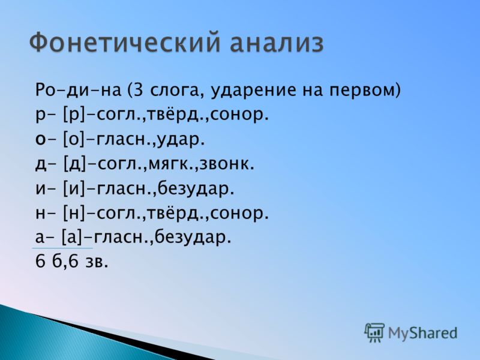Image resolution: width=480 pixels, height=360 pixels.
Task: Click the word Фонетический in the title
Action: pyautogui.click(x=125, y=43)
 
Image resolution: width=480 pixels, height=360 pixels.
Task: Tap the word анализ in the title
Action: pyautogui.click(x=277, y=43)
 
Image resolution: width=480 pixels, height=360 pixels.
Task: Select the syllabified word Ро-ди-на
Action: pyautogui.click(x=79, y=91)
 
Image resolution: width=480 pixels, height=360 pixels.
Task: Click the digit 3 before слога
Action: pyautogui.click(x=139, y=91)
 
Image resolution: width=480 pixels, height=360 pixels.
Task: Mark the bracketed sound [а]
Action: pyautogui.click(x=72, y=238)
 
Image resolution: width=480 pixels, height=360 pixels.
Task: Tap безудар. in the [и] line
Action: pyautogui.click(x=196, y=189)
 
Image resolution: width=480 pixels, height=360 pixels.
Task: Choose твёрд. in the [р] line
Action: pyautogui.click(x=177, y=115)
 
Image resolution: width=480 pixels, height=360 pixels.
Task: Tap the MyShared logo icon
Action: pyautogui.click(x=374, y=332)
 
